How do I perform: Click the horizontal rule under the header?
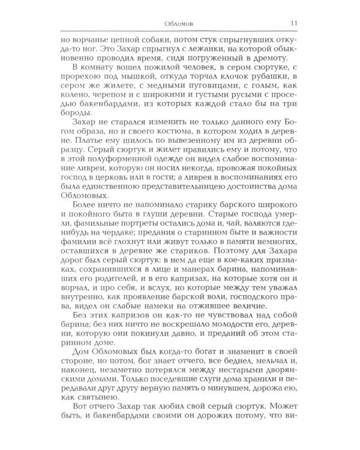[180, 31]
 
